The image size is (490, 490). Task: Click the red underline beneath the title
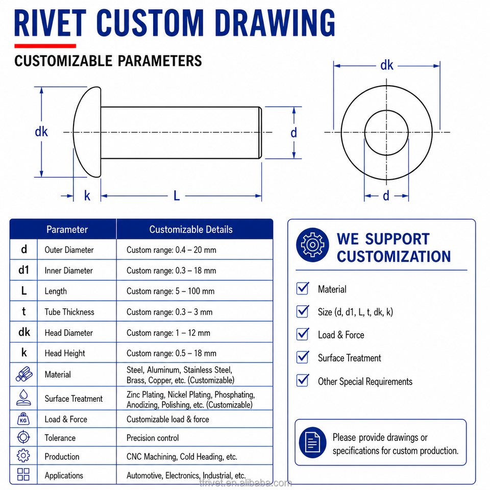click(45, 46)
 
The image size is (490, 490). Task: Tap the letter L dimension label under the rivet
click(177, 196)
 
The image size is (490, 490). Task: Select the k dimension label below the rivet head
click(87, 196)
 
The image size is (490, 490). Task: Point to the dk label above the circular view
click(386, 65)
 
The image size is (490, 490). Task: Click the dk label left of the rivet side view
click(41, 132)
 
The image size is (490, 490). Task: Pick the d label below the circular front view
click(386, 196)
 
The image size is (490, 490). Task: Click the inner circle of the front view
click(364, 133)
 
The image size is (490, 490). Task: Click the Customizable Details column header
click(191, 230)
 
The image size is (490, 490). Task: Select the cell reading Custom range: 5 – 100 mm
click(170, 291)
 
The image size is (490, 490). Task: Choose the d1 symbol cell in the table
click(24, 270)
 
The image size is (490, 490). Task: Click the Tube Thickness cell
click(69, 312)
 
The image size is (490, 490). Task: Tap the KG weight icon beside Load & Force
click(23, 419)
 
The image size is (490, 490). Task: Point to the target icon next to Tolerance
click(23, 437)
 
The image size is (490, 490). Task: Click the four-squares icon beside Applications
click(23, 474)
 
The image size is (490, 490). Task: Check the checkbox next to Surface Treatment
click(303, 357)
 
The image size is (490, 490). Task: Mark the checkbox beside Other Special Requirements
click(303, 381)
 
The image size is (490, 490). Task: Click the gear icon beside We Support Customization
click(312, 244)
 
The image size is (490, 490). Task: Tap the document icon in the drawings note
click(312, 443)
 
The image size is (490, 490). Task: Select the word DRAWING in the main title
click(275, 23)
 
